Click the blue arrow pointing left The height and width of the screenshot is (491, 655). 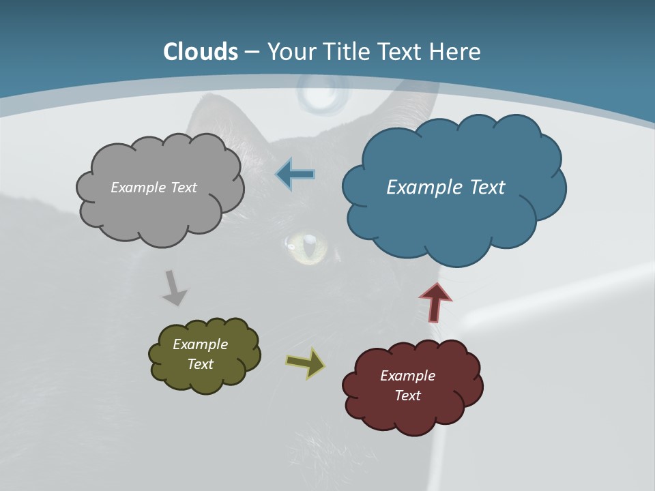click(295, 175)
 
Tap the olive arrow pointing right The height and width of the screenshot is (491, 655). click(306, 363)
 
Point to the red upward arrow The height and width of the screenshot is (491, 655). click(436, 301)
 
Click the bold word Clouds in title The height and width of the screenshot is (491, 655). click(201, 52)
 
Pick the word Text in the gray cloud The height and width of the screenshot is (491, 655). click(183, 188)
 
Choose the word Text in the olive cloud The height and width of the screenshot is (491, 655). click(201, 364)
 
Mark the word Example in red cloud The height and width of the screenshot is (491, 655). click(407, 376)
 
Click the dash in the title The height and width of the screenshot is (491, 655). click(252, 52)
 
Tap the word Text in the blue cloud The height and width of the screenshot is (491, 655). click(486, 188)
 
